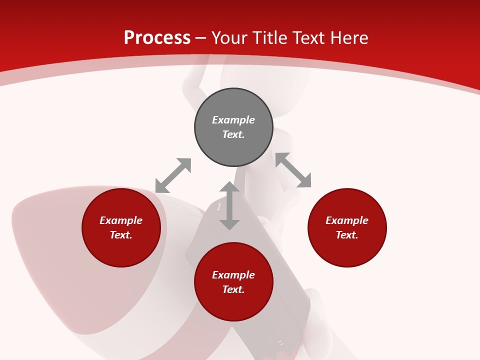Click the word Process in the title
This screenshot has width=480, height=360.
[157, 38]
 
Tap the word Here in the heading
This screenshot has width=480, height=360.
[349, 38]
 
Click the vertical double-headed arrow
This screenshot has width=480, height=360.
[229, 205]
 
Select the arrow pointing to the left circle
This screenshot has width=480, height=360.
[173, 175]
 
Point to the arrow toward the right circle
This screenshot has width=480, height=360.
[293, 170]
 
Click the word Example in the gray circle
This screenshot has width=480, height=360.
[233, 120]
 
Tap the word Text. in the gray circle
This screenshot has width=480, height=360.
[233, 134]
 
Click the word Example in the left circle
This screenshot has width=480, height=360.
[121, 220]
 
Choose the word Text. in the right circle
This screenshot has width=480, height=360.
[347, 235]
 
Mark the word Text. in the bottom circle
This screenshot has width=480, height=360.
[233, 289]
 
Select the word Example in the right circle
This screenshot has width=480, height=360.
[347, 220]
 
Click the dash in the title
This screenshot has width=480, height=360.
[201, 38]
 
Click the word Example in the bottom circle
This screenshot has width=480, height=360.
[233, 275]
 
